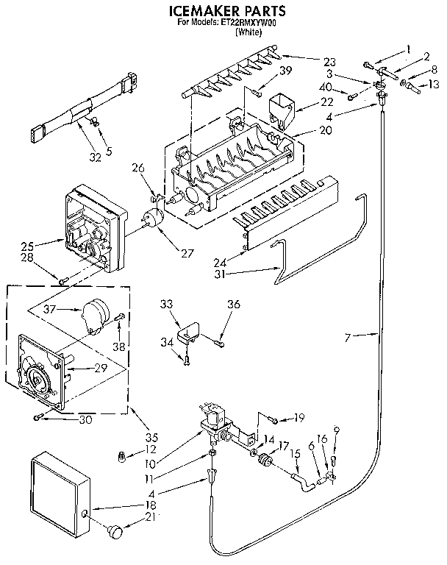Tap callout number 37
tap(49, 308)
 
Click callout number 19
tap(298, 419)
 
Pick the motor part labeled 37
tap(95, 312)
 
